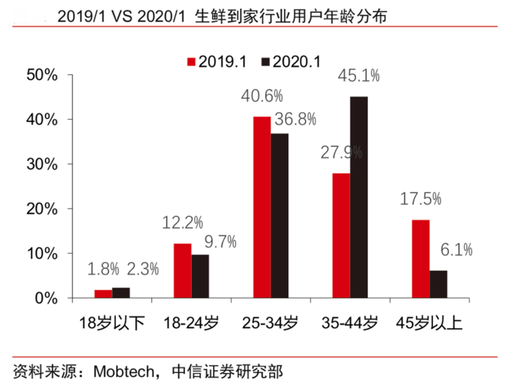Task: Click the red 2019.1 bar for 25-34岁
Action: point(262,207)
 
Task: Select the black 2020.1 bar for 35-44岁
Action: point(359,197)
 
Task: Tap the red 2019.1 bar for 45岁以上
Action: point(420,259)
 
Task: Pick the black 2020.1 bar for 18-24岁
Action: point(200,276)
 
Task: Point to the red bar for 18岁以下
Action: point(103,294)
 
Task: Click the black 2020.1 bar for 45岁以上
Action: point(438,284)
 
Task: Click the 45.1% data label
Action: point(359,75)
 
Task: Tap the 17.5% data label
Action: point(420,199)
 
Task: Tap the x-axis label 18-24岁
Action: point(191,323)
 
